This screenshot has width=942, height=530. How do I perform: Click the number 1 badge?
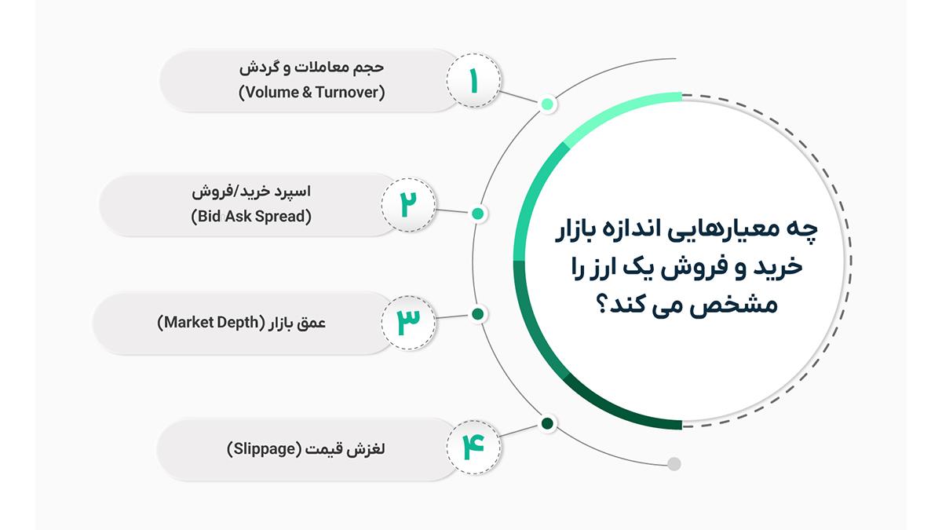[x=473, y=80]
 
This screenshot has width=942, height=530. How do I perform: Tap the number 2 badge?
[x=408, y=205]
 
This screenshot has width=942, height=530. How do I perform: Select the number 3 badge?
[x=408, y=323]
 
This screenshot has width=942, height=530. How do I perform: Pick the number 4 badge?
[x=473, y=447]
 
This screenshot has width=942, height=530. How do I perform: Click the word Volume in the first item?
[x=269, y=92]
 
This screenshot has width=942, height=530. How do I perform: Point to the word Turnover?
[x=350, y=92]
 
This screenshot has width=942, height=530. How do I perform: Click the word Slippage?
[x=264, y=449]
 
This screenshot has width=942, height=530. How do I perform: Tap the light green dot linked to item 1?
[x=547, y=104]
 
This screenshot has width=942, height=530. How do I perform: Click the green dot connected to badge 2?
[x=478, y=214]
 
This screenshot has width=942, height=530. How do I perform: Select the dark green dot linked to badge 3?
[x=478, y=314]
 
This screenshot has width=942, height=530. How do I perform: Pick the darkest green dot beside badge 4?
[x=547, y=423]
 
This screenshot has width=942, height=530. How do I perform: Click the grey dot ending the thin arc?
[x=674, y=464]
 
